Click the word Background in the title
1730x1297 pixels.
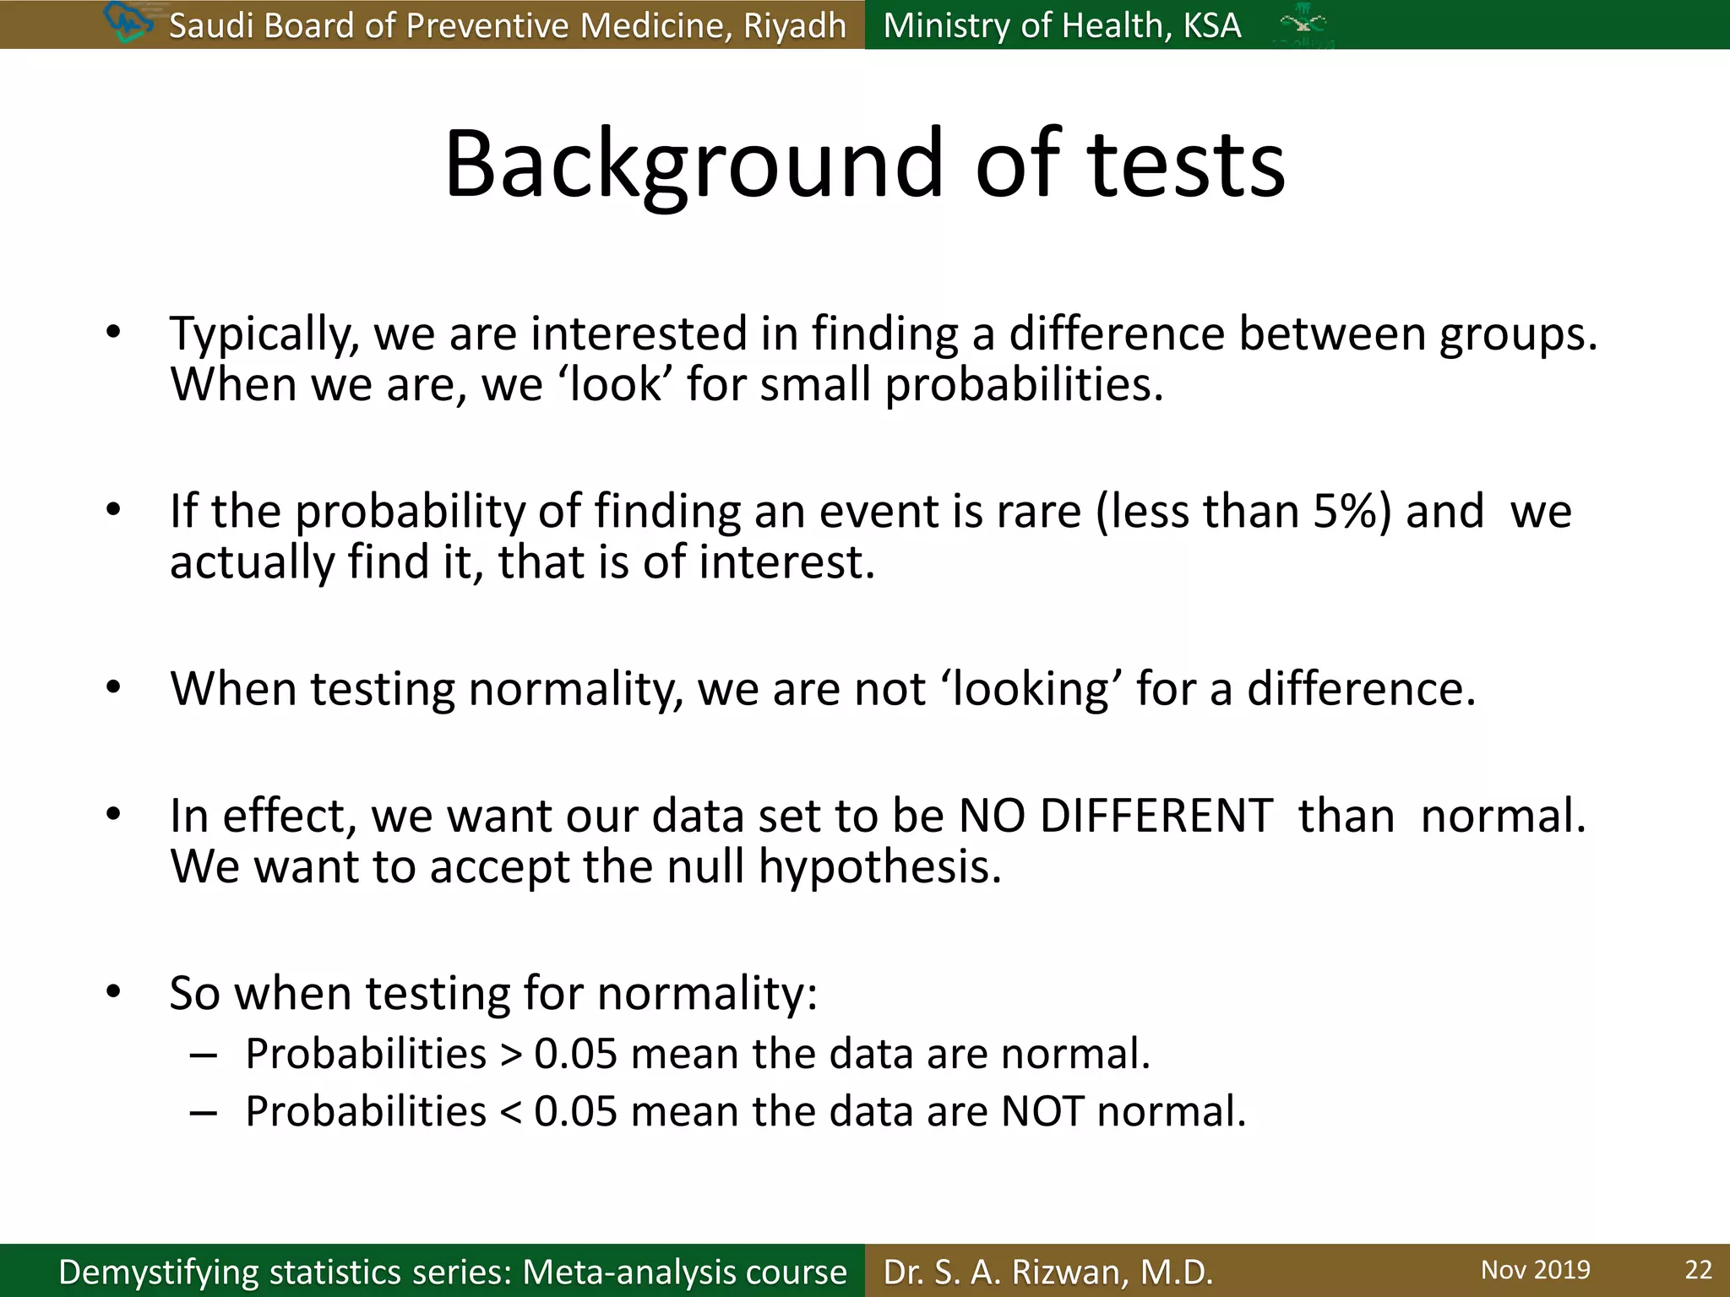click(693, 165)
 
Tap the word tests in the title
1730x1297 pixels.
click(1187, 165)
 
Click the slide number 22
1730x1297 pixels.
click(1698, 1270)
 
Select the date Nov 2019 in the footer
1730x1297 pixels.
click(1535, 1270)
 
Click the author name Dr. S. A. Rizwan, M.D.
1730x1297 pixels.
click(1047, 1272)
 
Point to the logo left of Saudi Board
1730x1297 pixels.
click(127, 22)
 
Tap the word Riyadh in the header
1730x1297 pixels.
click(794, 26)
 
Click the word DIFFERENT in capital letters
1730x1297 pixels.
click(1156, 817)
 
